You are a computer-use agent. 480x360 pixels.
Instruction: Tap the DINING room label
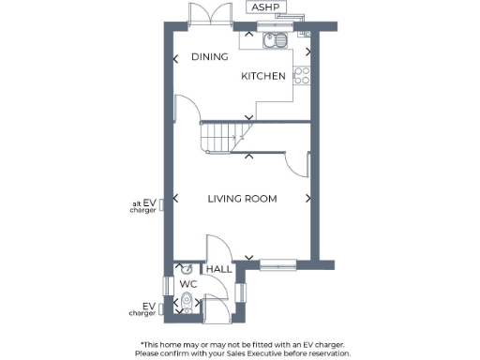coord(210,57)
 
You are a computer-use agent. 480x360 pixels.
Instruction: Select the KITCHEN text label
coord(263,76)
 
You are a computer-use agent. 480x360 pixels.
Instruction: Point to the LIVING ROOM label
coord(243,199)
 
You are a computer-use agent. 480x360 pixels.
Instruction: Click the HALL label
coord(219,269)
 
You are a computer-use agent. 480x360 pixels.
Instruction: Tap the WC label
coord(187,283)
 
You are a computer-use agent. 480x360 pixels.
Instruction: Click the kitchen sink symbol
coord(277,41)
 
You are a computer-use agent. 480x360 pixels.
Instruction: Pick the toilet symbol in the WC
coord(187,302)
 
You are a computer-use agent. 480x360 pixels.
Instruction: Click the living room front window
coord(279,262)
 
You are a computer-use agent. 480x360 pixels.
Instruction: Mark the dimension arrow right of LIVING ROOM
coord(310,198)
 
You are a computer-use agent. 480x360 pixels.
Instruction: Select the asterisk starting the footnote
coord(142,344)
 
